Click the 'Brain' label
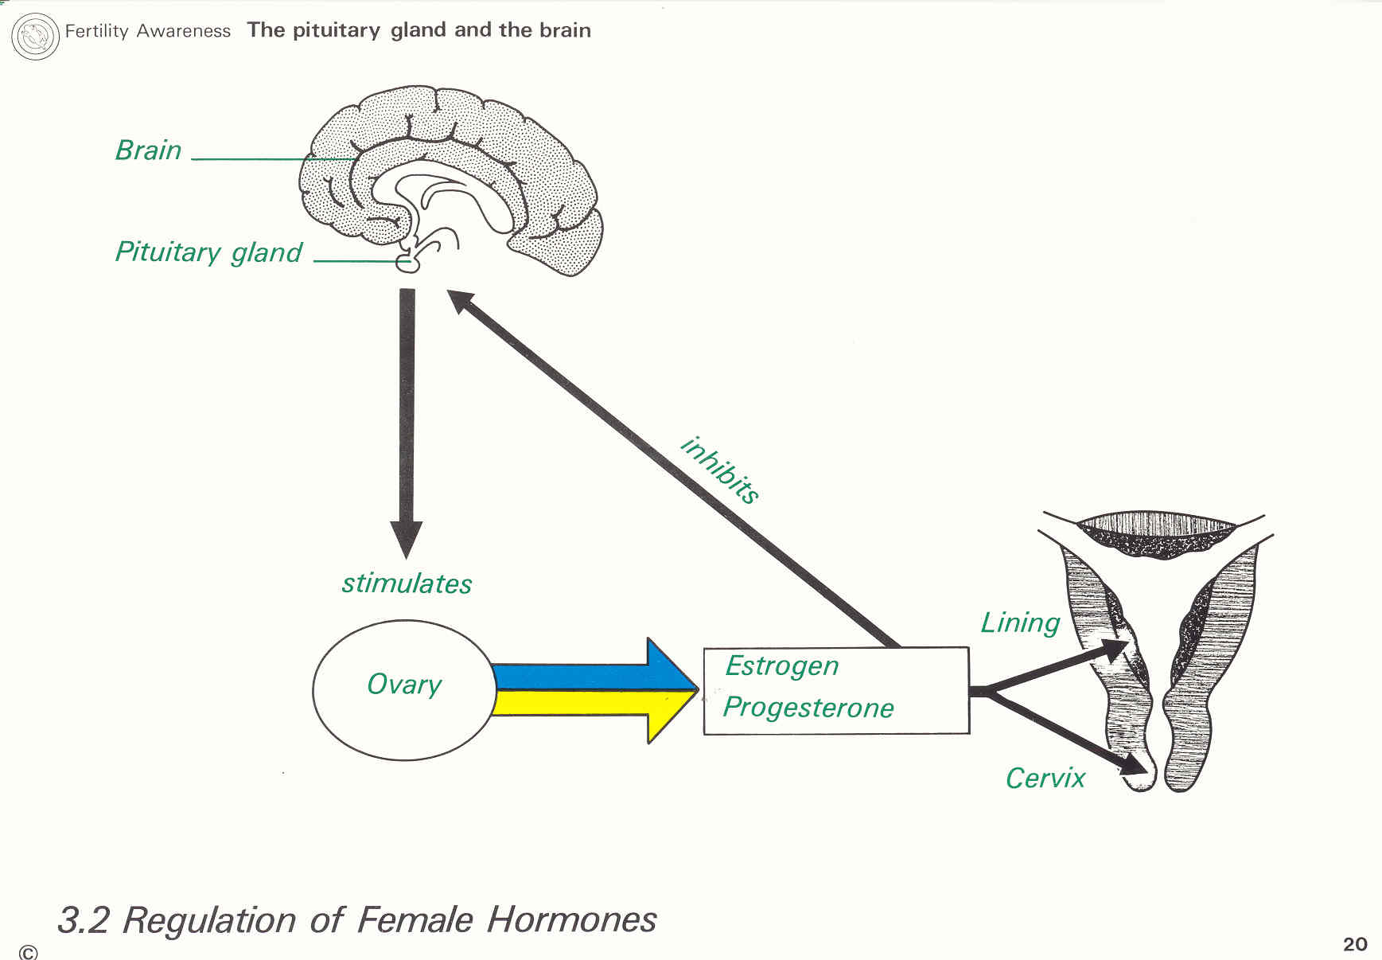(149, 150)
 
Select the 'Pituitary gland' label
(208, 252)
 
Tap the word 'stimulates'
(407, 583)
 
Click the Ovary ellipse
(404, 689)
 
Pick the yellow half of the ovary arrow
(589, 704)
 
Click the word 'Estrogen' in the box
(781, 666)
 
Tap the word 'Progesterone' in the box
(808, 708)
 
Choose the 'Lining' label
(1020, 622)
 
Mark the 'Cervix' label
(1045, 778)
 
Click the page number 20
(1355, 944)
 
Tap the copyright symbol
(28, 952)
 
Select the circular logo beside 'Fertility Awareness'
(36, 36)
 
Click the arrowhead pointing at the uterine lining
(1115, 650)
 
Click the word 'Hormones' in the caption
(571, 920)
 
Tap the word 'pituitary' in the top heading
(336, 31)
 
